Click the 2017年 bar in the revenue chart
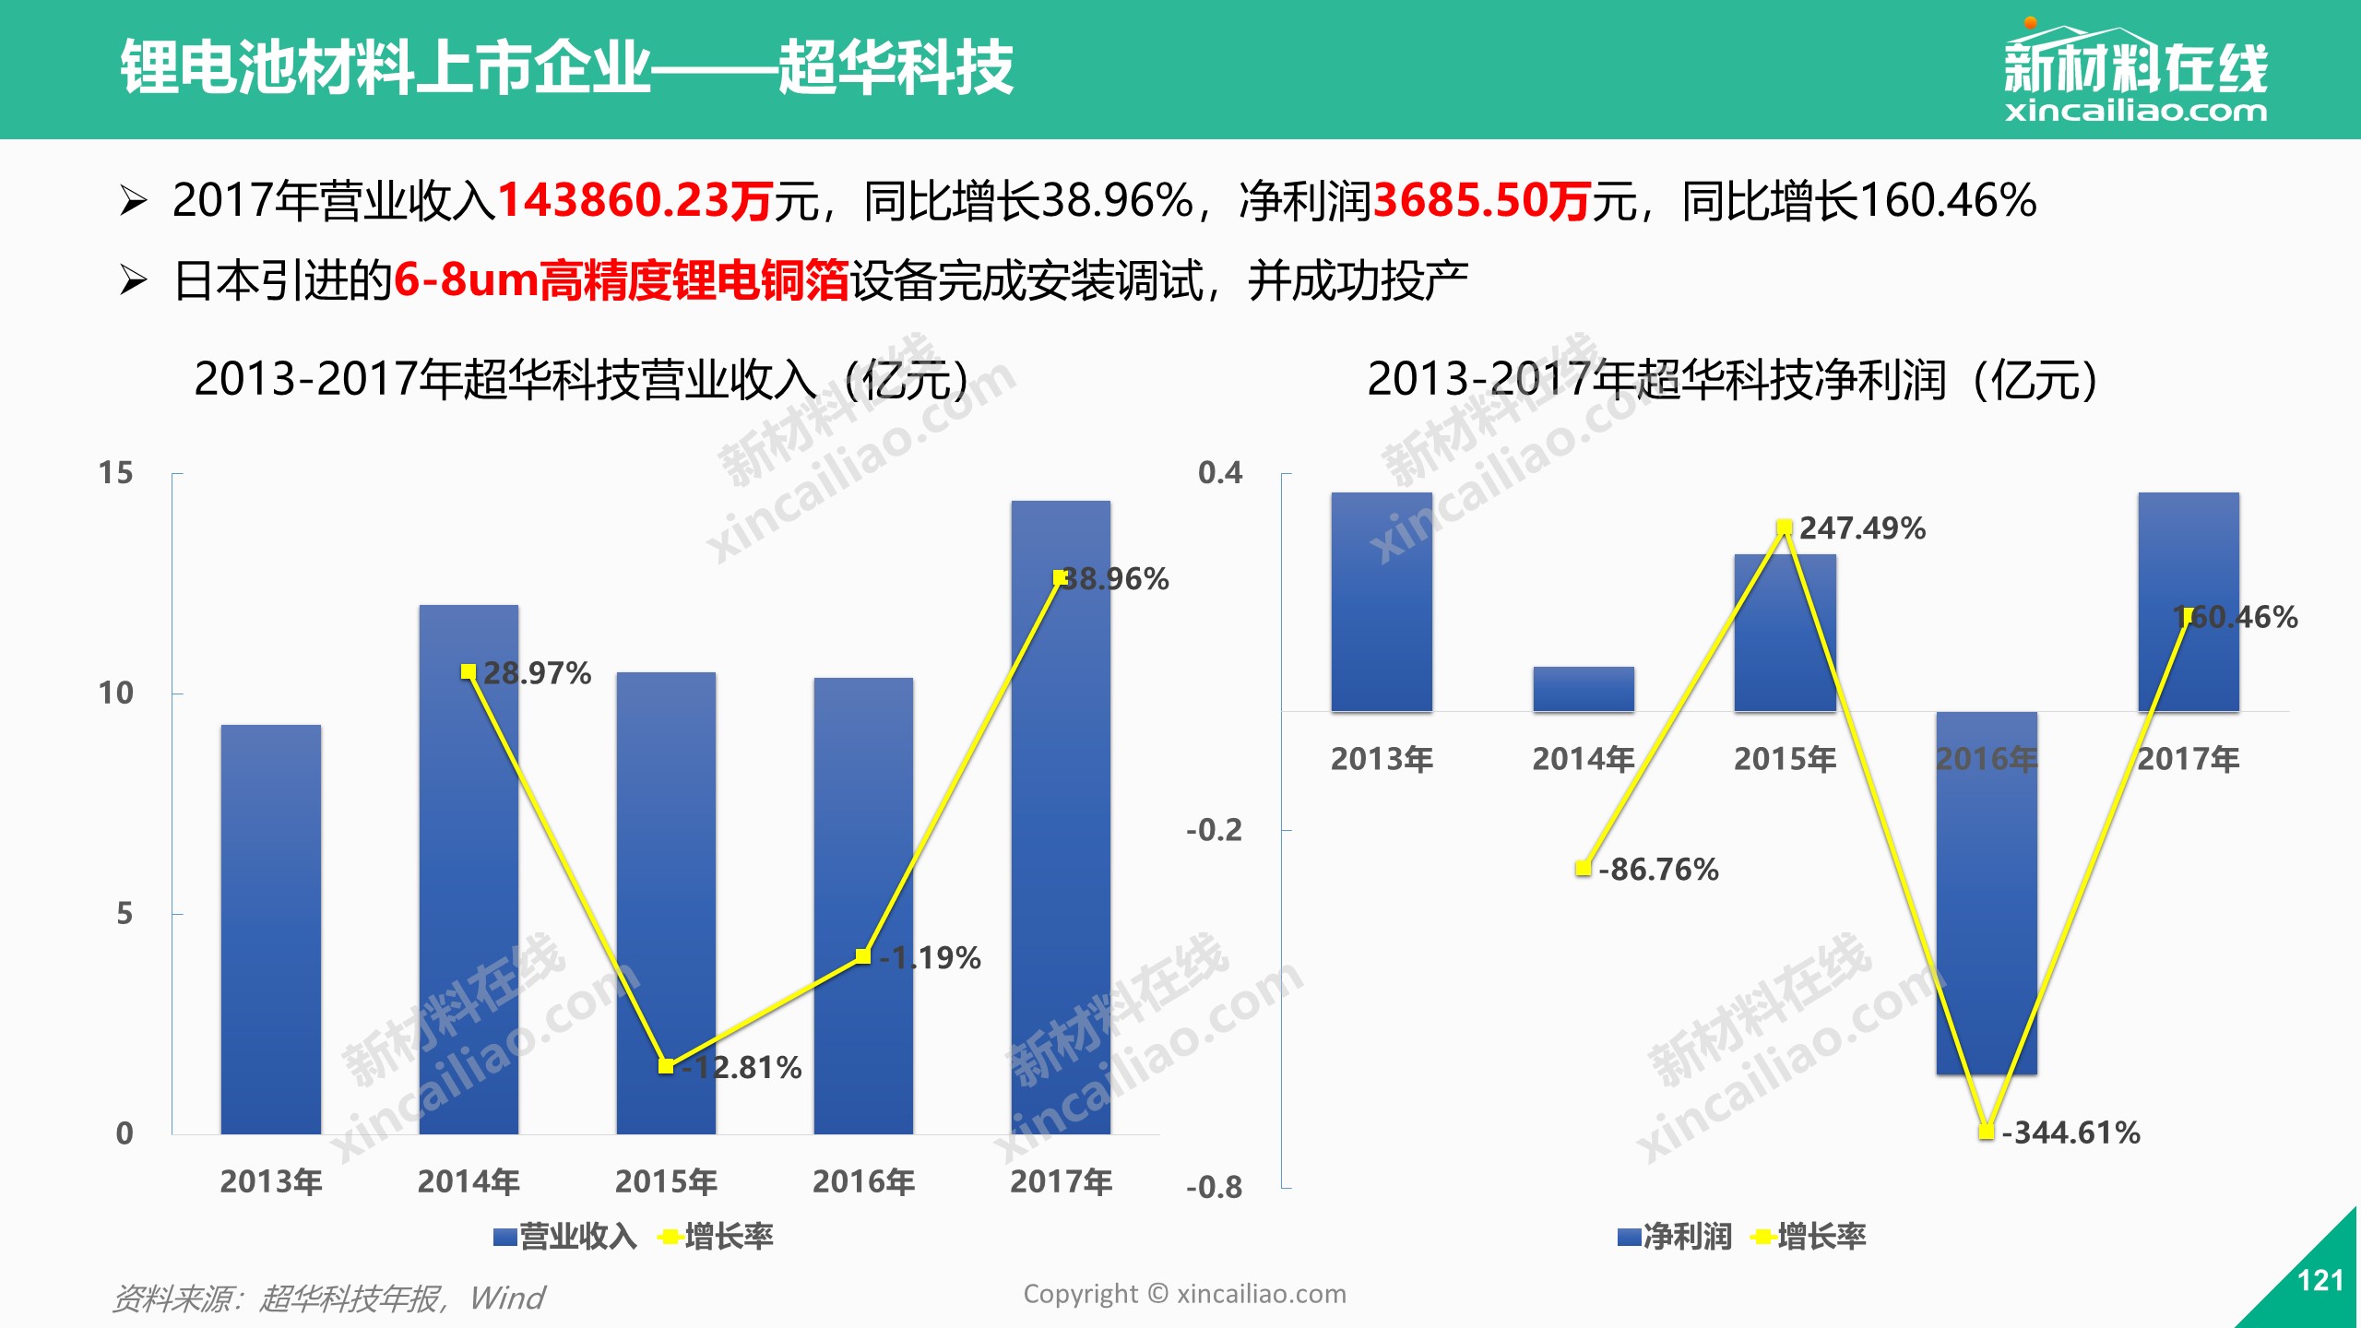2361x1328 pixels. click(x=1061, y=817)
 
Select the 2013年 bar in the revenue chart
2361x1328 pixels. click(x=271, y=930)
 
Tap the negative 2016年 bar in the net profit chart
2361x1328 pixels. click(x=1987, y=893)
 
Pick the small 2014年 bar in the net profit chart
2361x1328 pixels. click(x=1584, y=689)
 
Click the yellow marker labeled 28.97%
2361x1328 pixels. click(x=469, y=671)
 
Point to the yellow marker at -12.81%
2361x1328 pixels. click(x=666, y=1066)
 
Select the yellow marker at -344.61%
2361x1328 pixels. click(x=1987, y=1131)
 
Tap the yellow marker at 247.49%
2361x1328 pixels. click(x=1785, y=528)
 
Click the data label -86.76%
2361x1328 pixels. click(x=1658, y=870)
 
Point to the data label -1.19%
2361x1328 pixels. click(x=930, y=957)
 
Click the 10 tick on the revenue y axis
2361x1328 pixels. click(x=116, y=693)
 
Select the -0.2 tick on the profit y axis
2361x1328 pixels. click(x=1215, y=830)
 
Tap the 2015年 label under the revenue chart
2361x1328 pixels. click(x=666, y=1181)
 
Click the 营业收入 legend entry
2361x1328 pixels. click(x=565, y=1236)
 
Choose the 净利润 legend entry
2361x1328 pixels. click(x=1675, y=1236)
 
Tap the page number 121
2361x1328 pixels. click(x=2320, y=1280)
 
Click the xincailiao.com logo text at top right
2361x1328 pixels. click(x=2136, y=112)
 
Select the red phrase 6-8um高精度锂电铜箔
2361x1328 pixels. click(x=622, y=280)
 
